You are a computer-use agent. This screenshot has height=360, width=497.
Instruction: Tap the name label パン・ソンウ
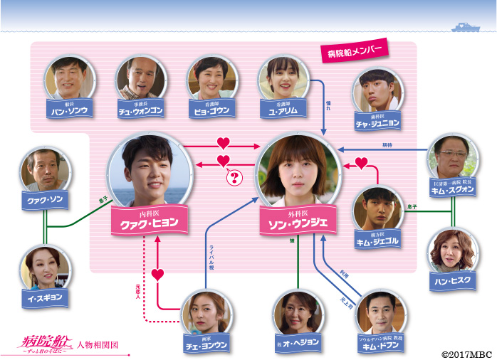click(x=69, y=111)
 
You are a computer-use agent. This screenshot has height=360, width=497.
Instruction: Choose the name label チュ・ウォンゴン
click(x=141, y=111)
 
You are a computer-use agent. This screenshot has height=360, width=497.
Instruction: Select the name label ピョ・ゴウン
click(x=211, y=111)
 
